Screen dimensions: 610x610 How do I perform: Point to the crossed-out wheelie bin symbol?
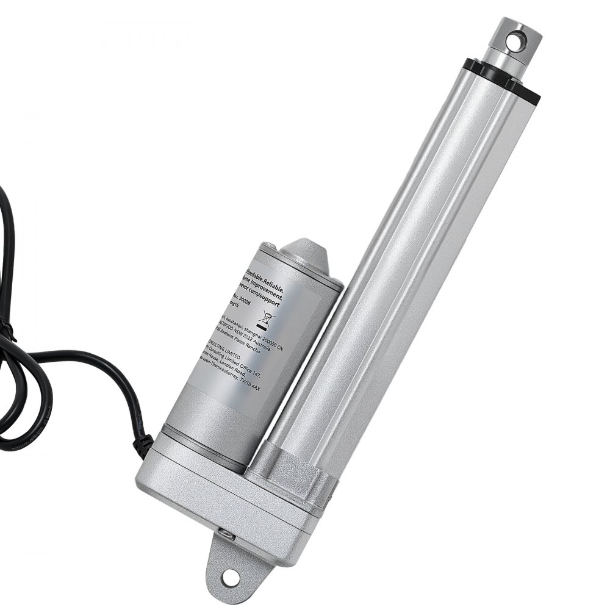tap(267, 317)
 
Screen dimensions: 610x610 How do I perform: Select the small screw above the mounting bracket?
tap(227, 535)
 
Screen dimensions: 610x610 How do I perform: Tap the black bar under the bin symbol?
tap(264, 328)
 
